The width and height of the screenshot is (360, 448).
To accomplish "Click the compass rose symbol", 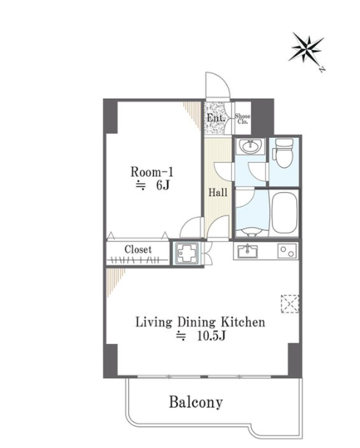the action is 306,48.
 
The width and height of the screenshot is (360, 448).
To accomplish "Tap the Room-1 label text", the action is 152,172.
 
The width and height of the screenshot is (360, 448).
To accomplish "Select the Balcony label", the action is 196,403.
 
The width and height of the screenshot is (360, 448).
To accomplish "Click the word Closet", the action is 138,249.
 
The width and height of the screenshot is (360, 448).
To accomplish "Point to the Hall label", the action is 218,192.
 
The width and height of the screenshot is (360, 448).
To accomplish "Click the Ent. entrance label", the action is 216,118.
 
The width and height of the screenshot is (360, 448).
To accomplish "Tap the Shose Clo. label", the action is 243,119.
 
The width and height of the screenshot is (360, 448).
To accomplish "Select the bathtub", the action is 284,213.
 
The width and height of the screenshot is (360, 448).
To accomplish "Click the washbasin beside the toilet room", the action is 251,147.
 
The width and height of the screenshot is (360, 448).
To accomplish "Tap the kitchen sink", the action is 247,251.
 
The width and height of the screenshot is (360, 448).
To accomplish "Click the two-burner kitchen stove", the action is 287,251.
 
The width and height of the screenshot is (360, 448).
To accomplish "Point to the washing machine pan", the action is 188,254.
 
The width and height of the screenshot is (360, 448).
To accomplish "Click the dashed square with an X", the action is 290,304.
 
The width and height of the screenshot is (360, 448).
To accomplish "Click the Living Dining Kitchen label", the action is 200,322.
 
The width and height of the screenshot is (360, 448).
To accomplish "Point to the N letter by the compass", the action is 322,69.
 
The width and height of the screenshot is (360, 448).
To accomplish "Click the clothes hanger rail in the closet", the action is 137,260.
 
